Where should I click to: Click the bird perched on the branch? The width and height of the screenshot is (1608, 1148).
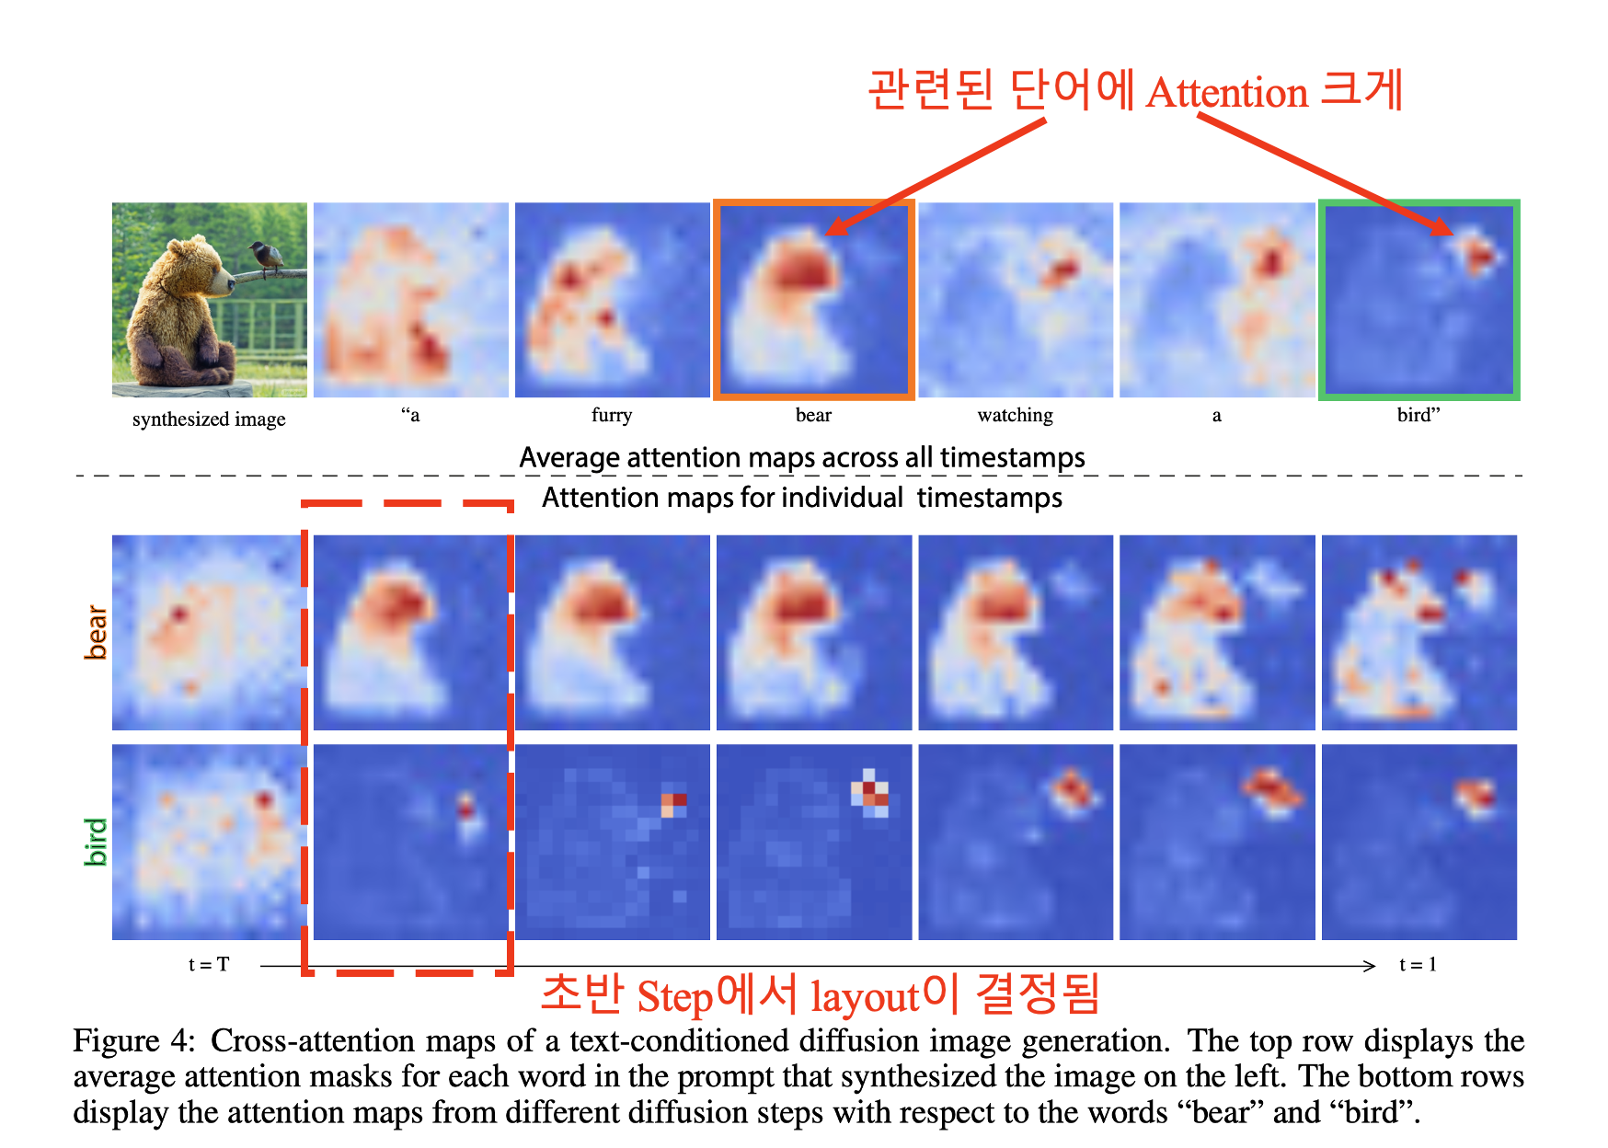tap(267, 258)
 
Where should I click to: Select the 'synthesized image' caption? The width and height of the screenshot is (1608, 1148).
tap(209, 419)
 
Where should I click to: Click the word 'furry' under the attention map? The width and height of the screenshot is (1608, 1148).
tap(612, 415)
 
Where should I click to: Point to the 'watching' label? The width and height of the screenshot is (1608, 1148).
tap(1015, 415)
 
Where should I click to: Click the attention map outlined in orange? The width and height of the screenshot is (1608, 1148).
tap(814, 300)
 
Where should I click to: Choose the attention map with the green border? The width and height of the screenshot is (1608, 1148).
tap(1418, 300)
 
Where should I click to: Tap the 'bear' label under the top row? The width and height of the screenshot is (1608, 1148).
tap(813, 415)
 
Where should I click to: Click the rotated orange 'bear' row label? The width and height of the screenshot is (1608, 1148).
tap(96, 632)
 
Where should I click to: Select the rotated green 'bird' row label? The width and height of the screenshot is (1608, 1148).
tap(96, 842)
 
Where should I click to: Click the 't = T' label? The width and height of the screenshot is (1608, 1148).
tap(209, 964)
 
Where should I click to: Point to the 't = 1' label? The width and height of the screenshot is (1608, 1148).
tap(1418, 964)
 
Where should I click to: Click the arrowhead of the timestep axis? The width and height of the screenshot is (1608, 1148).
tap(1371, 966)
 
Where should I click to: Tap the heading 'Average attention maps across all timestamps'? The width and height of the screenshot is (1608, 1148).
tap(802, 457)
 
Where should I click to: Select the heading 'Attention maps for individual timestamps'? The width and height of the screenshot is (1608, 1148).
tap(802, 498)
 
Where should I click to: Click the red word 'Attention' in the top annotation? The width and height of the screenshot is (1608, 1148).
tap(1227, 93)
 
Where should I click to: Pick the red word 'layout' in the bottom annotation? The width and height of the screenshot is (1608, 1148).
tap(865, 997)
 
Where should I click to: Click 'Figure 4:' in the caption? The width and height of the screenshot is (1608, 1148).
tap(134, 1040)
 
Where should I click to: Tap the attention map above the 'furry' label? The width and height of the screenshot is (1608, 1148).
tap(612, 300)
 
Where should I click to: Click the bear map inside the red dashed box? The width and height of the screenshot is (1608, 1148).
tap(411, 633)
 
